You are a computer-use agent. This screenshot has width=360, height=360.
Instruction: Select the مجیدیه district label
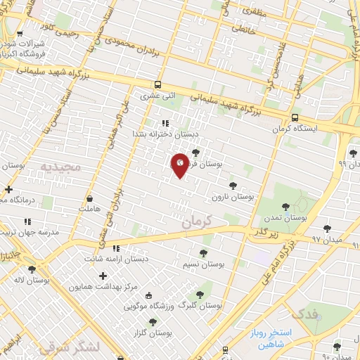click(x=61, y=167)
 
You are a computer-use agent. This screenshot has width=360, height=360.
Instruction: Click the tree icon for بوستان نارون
click(x=233, y=185)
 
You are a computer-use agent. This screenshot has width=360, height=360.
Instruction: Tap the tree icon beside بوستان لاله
click(x=31, y=269)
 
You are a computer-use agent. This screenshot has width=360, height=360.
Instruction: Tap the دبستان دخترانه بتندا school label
click(x=167, y=133)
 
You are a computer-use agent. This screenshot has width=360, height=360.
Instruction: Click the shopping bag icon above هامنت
click(x=91, y=198)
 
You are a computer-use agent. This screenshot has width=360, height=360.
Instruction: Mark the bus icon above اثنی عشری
click(x=158, y=82)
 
